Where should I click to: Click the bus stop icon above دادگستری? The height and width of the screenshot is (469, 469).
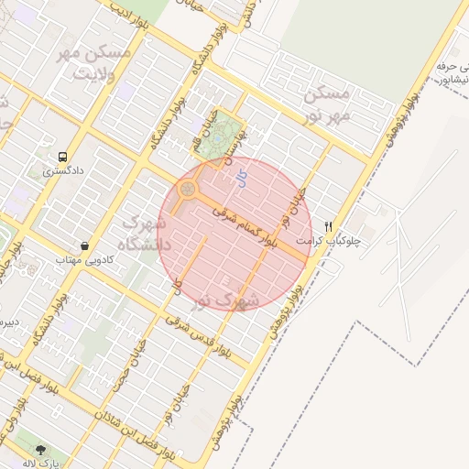coord(62,157)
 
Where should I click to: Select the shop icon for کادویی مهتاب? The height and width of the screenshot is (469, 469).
coord(85,245)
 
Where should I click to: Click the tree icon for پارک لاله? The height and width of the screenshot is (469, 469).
coord(40,450)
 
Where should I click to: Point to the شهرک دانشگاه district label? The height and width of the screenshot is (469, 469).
coord(140,234)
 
